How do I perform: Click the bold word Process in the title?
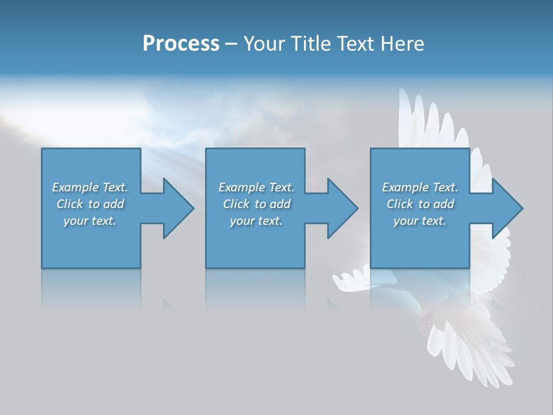181,44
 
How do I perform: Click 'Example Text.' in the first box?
90,187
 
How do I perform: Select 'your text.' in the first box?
90,221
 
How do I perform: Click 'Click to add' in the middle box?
256,204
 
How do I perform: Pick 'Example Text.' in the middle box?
256,187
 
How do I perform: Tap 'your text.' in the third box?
420,221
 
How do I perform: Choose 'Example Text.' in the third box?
420,187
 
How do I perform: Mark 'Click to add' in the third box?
420,204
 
